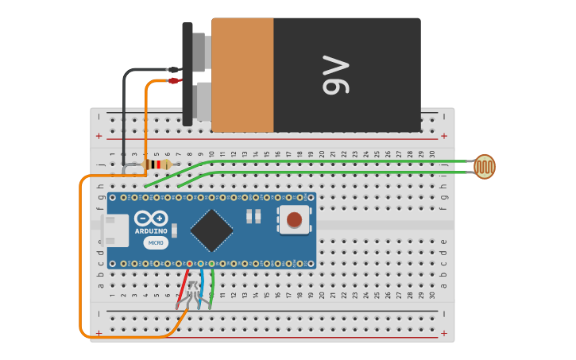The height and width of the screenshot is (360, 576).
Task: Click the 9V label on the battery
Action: click(335, 75)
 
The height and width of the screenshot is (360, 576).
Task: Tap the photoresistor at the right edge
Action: click(484, 167)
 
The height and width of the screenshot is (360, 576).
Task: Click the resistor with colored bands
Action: click(159, 165)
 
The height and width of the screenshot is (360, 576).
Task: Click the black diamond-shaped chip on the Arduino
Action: click(212, 230)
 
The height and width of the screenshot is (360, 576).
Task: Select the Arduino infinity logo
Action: click(151, 219)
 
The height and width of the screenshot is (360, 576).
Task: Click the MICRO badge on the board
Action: click(156, 242)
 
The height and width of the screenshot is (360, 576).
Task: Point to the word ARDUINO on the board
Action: click(151, 231)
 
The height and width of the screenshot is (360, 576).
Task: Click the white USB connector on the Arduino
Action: click(114, 230)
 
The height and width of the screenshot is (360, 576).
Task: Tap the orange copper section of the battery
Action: click(242, 75)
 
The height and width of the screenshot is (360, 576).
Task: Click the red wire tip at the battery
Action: click(174, 80)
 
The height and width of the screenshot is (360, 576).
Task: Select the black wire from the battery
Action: click(125, 111)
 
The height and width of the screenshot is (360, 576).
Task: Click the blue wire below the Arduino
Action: click(202, 282)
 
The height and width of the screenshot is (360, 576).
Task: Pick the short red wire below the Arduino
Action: click(185, 282)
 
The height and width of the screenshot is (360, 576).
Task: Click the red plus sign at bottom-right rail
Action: click(443, 333)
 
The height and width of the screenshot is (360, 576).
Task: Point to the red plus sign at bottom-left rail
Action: click(99, 333)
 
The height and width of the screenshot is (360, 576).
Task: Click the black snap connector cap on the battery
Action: click(187, 74)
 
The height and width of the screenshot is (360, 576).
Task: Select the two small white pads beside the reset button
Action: click(253, 215)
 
